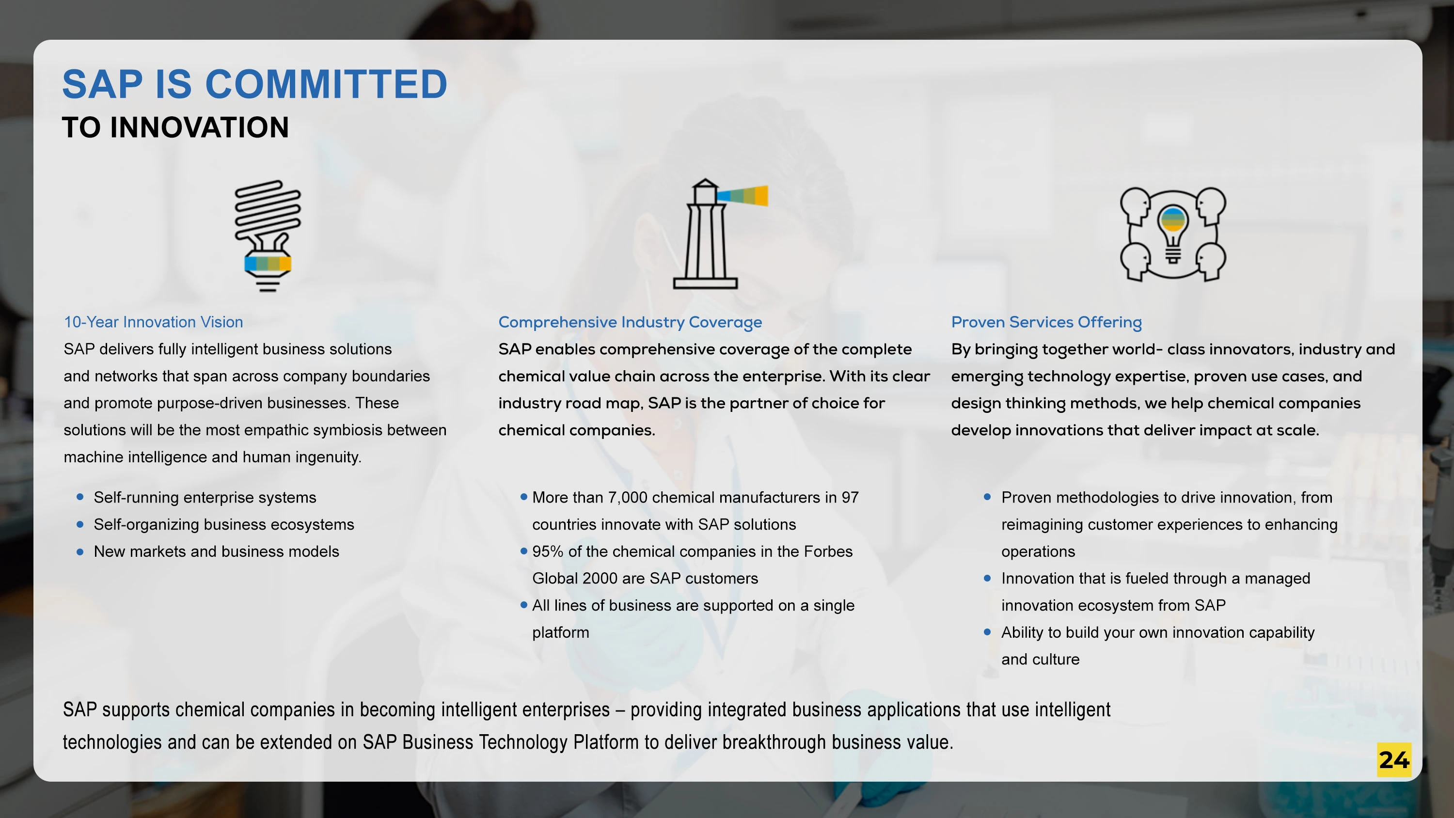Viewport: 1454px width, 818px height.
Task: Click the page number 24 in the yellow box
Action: tap(1393, 760)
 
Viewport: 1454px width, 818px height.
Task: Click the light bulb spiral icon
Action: tap(268, 236)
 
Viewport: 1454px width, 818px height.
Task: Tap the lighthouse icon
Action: tap(720, 234)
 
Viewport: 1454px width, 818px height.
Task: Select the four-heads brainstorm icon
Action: tap(1173, 234)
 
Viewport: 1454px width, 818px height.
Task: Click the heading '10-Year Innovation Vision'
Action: tap(154, 322)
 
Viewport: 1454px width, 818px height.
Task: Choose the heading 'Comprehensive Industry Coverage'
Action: tap(630, 322)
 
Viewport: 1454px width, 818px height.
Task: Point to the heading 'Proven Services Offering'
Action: tap(1046, 322)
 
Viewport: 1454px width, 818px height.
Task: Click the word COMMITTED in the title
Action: tap(326, 84)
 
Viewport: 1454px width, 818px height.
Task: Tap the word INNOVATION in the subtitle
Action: tap(199, 127)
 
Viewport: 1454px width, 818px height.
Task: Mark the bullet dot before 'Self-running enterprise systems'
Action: tap(80, 497)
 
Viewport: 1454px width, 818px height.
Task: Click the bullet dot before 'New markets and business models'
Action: tap(80, 551)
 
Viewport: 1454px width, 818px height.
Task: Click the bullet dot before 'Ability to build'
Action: tap(987, 632)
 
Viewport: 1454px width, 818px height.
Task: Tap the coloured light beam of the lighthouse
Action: tap(742, 195)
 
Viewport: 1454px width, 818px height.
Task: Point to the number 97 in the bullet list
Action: tap(850, 497)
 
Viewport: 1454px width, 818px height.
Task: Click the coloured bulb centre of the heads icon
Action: tap(1173, 220)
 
